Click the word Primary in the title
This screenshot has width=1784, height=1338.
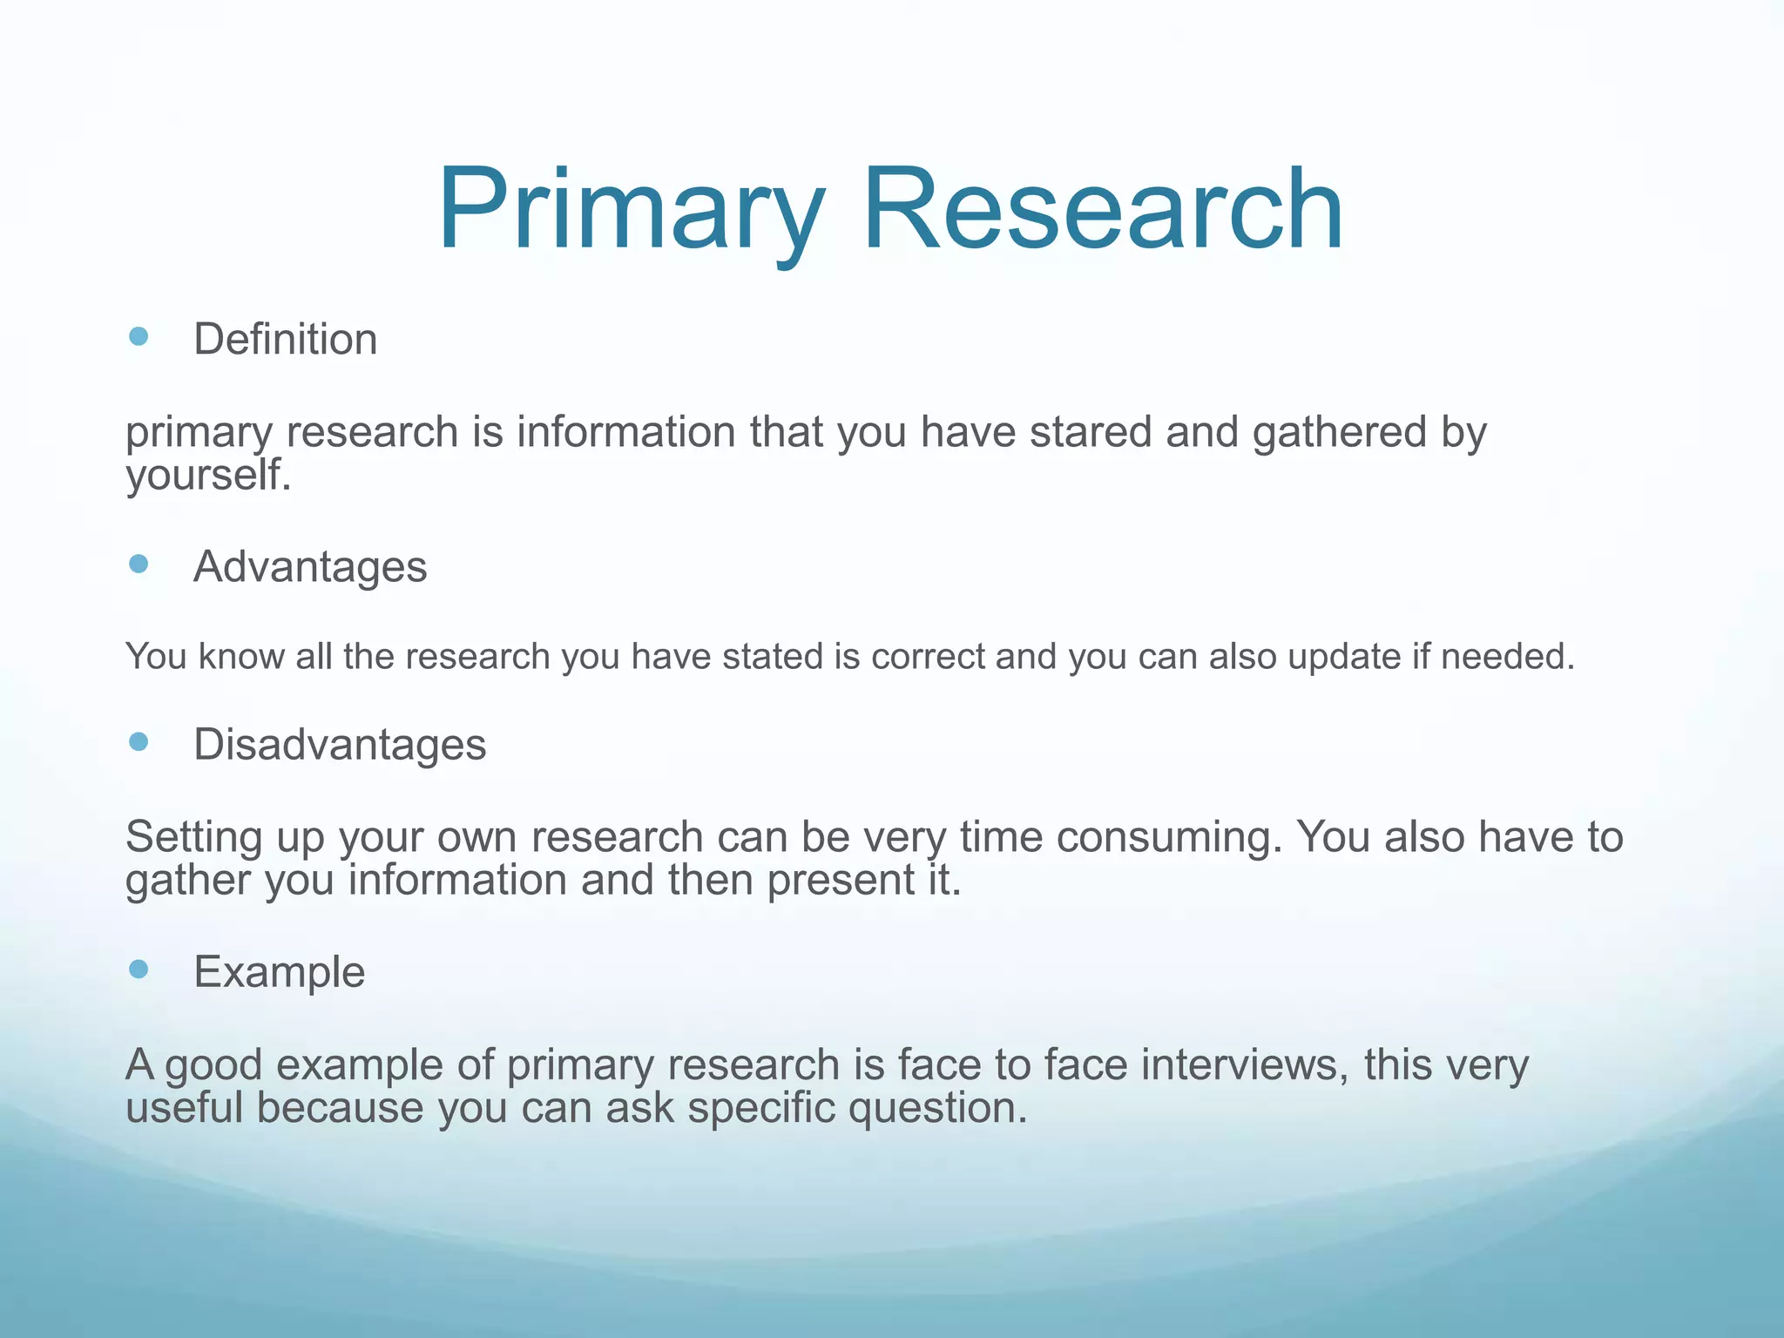pyautogui.click(x=630, y=212)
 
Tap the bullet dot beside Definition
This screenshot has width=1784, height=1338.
pyautogui.click(x=139, y=336)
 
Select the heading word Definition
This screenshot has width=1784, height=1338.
pyautogui.click(x=285, y=340)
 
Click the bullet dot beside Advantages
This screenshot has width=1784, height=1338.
pyautogui.click(x=139, y=564)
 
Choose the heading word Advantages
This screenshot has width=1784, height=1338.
pyautogui.click(x=310, y=568)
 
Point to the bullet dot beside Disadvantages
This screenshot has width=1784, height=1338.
pyautogui.click(x=139, y=741)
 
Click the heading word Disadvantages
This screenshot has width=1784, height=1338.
pyautogui.click(x=340, y=745)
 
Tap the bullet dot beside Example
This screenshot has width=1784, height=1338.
pyautogui.click(x=139, y=969)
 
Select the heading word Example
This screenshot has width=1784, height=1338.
pyautogui.click(x=279, y=973)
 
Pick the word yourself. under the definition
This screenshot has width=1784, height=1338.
pyautogui.click(x=208, y=476)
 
